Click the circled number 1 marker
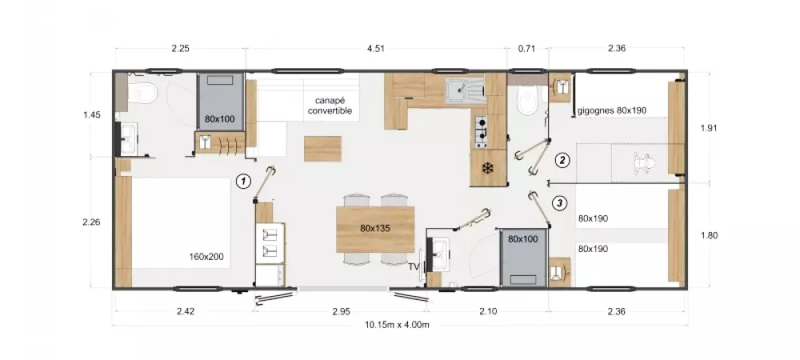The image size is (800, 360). [x=244, y=181]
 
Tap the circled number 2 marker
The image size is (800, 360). [x=562, y=161]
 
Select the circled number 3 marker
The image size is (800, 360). [x=560, y=203]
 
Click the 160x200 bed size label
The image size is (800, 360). [x=206, y=257]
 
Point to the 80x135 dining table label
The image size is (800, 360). [x=375, y=229]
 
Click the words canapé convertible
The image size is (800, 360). [x=330, y=106]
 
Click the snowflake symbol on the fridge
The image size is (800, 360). [x=488, y=168]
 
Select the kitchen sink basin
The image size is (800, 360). [x=458, y=91]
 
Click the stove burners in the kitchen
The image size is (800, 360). [x=482, y=130]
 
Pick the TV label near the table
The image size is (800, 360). [x=414, y=266]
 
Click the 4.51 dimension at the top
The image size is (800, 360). [x=375, y=49]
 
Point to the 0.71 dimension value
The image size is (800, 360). [x=526, y=49]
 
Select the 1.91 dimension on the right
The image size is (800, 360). [x=709, y=128]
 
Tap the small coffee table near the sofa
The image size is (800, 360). [x=323, y=149]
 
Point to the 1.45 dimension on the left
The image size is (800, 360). [x=92, y=114]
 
